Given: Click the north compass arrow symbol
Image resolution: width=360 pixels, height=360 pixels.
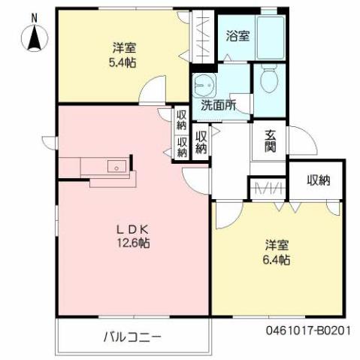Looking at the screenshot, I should (x=35, y=38).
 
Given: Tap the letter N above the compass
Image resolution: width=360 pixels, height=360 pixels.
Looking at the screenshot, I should (x=35, y=17).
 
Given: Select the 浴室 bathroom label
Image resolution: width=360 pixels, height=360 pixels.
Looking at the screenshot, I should (x=238, y=35).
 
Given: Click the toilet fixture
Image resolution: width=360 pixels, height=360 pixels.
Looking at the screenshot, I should (x=268, y=77).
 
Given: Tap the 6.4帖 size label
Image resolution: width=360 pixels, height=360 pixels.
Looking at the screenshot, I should (x=277, y=260).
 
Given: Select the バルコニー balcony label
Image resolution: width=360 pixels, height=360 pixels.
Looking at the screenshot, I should (x=132, y=336).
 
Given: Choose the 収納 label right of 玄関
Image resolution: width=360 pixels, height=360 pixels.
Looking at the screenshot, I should (x=318, y=180).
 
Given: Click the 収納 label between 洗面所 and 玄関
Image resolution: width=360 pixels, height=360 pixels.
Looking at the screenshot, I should (x=202, y=141).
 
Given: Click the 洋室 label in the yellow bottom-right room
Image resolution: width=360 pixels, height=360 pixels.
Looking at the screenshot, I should (x=277, y=246).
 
